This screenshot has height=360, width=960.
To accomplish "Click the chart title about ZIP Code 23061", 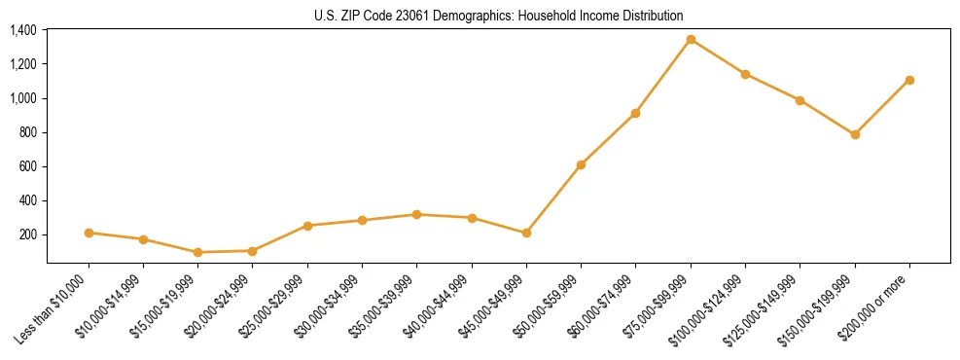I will (x=498, y=16).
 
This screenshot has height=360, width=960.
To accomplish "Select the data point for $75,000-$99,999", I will (x=691, y=40).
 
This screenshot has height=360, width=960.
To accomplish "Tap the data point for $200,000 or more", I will (x=909, y=80).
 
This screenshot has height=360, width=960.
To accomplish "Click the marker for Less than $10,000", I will (x=89, y=233).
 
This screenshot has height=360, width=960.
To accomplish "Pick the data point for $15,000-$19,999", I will (x=197, y=252).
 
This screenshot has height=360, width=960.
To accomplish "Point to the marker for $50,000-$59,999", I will (x=581, y=164).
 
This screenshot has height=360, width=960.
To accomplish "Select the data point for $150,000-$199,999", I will (x=855, y=134).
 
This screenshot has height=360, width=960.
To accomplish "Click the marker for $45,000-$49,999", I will (x=526, y=233).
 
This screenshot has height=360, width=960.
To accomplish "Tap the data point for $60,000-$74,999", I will (x=635, y=113).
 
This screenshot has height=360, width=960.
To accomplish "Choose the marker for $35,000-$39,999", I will (x=416, y=214).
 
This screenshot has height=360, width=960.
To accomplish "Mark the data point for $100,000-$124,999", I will (x=745, y=74).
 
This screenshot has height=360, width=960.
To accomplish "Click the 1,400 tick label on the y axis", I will (x=23, y=30).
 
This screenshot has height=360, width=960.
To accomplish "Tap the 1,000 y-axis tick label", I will (x=23, y=98).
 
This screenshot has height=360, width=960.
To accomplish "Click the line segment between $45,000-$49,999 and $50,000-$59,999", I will (x=553, y=198).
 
